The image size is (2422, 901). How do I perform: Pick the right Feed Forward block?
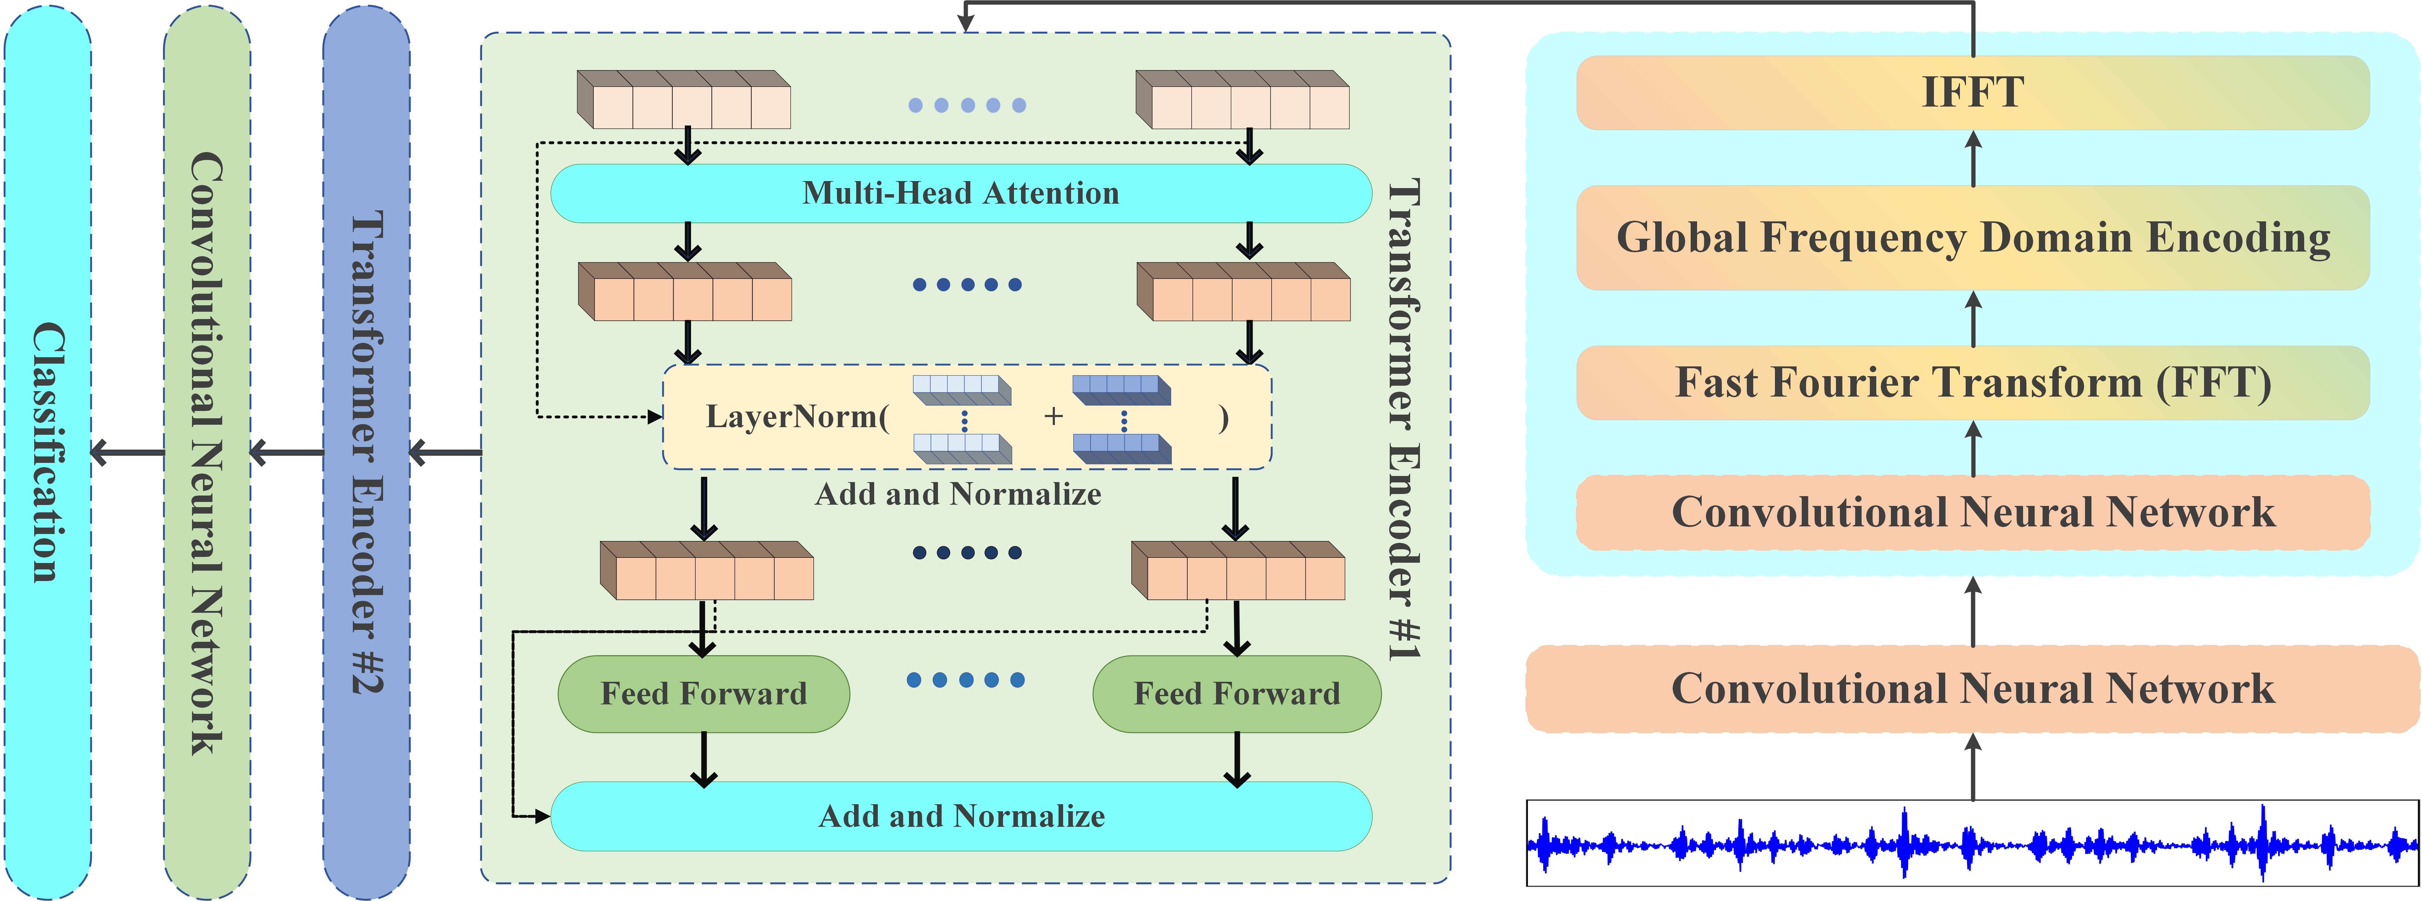point(1236,694)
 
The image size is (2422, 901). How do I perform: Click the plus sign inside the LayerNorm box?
point(1053,417)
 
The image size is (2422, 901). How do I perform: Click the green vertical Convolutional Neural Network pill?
point(207,452)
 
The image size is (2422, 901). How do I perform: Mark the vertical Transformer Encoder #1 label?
point(1403,419)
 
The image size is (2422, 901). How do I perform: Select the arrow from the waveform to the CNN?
point(1973,767)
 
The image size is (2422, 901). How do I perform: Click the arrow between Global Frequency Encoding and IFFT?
point(1973,158)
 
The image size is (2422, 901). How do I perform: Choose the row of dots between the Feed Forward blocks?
point(966,680)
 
